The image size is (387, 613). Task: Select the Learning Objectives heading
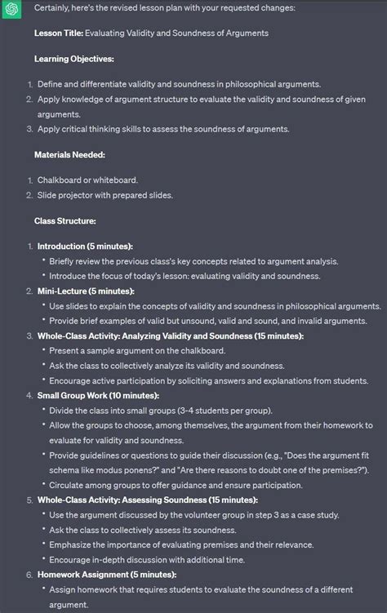point(74,59)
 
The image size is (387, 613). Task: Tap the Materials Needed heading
point(69,154)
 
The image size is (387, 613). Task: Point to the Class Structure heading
point(65,221)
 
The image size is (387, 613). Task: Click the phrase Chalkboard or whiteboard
point(87,180)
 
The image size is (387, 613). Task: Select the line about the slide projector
point(105,195)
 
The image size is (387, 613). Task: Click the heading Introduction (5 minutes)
point(85,247)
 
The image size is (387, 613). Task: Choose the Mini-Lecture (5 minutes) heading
point(86,291)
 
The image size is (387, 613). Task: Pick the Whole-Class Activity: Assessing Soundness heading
point(147,500)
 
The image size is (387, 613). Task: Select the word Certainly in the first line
point(56,8)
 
